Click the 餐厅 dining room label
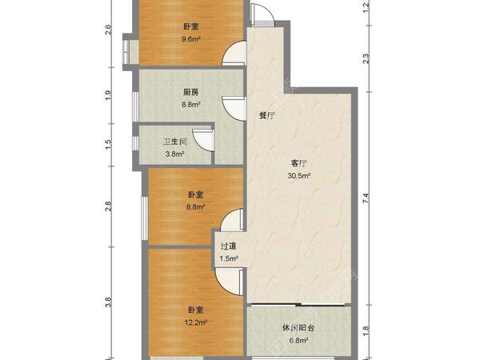[266, 115]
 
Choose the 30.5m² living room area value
[299, 177]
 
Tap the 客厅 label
[299, 163]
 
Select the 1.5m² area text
[229, 259]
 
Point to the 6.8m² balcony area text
[298, 340]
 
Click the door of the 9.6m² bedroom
[234, 52]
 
